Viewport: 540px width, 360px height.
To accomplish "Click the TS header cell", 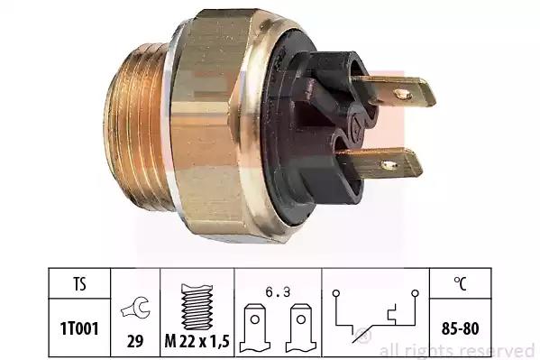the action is coord(79,284).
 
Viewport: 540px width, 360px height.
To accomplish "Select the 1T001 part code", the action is coord(79,328).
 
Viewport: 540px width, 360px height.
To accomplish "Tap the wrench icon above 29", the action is coord(135,308).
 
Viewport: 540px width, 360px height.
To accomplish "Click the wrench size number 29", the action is coord(135,341).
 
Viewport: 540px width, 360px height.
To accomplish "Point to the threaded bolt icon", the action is coord(197,307).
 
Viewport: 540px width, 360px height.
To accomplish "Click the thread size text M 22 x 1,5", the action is coord(197,341).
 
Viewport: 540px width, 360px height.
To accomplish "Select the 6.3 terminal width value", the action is coord(278,292).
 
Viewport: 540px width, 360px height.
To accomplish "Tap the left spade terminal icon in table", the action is coord(255,328).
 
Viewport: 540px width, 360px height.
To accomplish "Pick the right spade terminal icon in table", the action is coord(301,328).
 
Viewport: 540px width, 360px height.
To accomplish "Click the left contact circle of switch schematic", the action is coord(336,293).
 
